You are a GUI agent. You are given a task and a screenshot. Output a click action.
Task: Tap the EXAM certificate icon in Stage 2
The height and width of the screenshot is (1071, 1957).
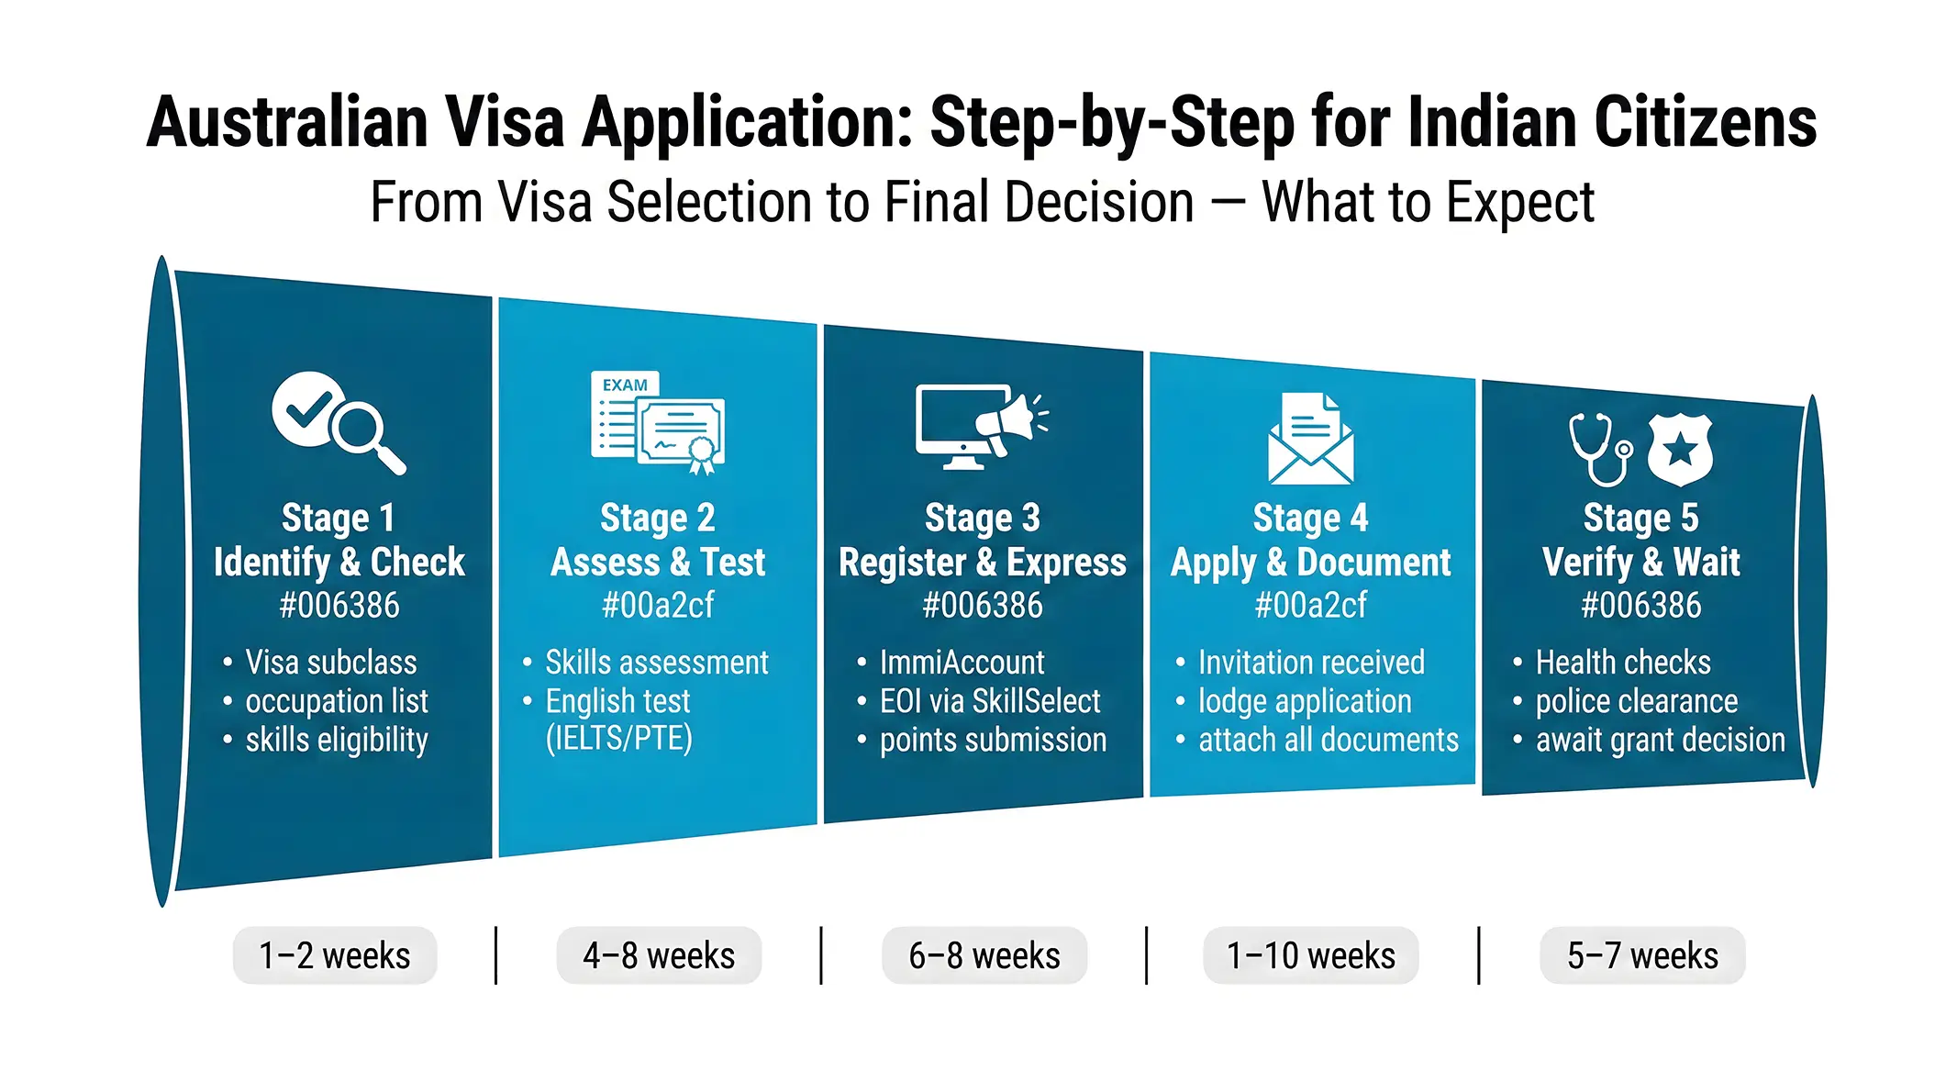click(x=657, y=422)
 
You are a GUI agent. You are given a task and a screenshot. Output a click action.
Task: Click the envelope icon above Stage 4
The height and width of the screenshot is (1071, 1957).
click(x=1310, y=440)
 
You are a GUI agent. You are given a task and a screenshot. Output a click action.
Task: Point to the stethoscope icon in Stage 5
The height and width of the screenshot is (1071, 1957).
click(x=1599, y=449)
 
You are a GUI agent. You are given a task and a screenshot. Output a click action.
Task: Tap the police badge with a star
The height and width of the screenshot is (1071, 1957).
click(x=1680, y=449)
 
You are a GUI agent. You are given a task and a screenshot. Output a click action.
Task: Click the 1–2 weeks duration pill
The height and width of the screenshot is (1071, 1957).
click(x=335, y=955)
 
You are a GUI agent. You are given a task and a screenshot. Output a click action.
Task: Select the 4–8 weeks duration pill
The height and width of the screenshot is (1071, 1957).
click(x=659, y=955)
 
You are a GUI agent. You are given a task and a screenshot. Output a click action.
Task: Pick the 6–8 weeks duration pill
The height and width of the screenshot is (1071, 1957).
click(x=984, y=955)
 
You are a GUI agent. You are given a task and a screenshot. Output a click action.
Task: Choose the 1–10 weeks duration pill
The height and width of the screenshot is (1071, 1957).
click(x=1310, y=955)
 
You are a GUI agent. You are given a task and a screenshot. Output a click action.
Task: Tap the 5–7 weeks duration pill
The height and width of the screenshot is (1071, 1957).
click(x=1642, y=955)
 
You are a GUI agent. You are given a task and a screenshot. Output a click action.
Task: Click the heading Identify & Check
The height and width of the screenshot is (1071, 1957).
click(x=339, y=562)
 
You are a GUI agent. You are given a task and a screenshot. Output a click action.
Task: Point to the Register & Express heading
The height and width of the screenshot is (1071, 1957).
click(x=983, y=562)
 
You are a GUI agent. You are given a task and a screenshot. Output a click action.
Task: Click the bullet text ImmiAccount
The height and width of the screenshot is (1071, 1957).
click(x=962, y=662)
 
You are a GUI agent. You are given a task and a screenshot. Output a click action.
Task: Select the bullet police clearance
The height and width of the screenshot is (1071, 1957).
click(x=1637, y=701)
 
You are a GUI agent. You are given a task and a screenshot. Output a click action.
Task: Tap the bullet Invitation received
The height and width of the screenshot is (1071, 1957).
click(x=1311, y=662)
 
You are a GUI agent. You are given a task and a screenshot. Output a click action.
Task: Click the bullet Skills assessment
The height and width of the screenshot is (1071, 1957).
click(x=657, y=662)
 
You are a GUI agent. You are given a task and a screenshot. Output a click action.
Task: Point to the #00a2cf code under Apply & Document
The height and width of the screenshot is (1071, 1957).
click(x=1310, y=606)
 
